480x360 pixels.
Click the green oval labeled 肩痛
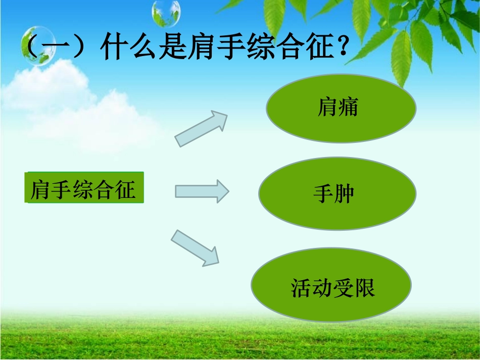click(341, 108)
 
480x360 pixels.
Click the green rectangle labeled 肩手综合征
click(84, 188)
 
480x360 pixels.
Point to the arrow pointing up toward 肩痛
click(201, 129)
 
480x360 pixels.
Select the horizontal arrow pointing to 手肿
click(202, 191)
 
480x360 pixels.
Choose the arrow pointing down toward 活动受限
click(196, 247)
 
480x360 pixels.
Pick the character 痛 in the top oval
click(348, 107)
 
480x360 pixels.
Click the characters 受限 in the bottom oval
click(354, 288)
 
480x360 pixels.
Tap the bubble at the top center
click(166, 14)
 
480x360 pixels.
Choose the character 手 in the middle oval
click(323, 194)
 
